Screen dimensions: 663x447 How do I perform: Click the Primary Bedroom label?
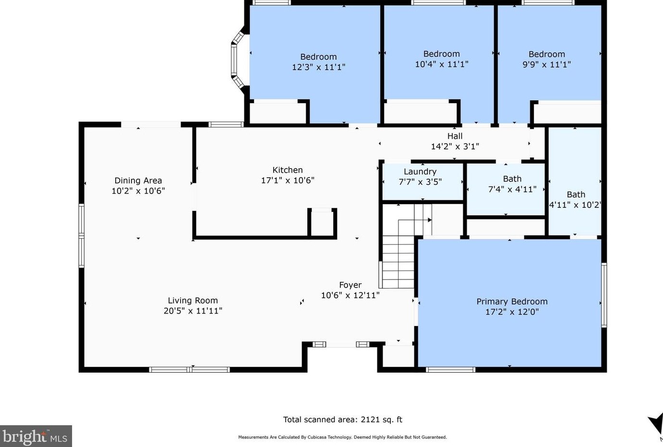tap(512, 302)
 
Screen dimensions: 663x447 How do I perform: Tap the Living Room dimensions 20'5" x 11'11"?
tap(193, 311)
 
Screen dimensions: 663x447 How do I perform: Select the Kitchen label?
tap(288, 170)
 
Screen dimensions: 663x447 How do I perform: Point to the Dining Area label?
tap(138, 181)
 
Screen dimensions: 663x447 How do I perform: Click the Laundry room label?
tap(420, 172)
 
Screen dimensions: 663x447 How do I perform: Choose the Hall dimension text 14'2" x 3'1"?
tap(455, 146)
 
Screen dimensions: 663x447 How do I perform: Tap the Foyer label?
tap(350, 285)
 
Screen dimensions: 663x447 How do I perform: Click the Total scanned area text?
tap(343, 420)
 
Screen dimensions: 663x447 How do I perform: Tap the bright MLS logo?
tap(36, 436)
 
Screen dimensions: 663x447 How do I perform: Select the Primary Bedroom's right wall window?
tap(604, 295)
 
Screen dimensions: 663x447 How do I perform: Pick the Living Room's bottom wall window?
tap(190, 369)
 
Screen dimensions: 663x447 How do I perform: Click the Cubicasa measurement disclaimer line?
tap(342, 437)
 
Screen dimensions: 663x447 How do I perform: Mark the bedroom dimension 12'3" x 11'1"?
tap(318, 67)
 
